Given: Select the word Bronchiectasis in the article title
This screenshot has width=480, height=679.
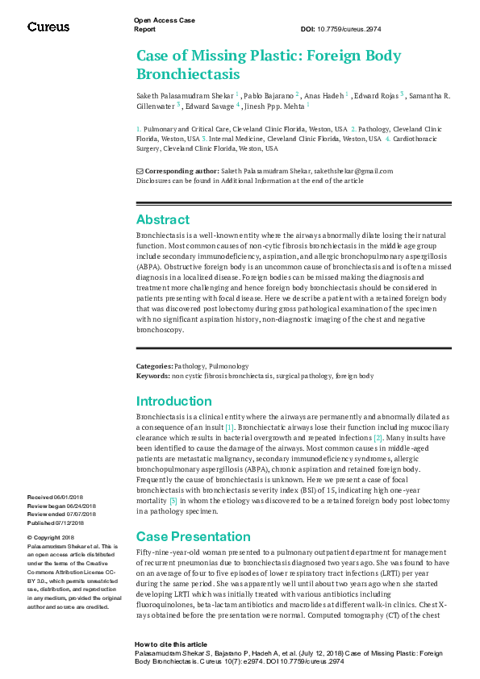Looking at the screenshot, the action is click(x=188, y=74).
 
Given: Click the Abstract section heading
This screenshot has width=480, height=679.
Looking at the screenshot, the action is click(x=163, y=219).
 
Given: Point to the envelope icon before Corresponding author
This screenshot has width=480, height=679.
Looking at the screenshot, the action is click(x=139, y=171).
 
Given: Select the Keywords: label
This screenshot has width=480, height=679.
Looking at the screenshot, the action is click(x=152, y=376).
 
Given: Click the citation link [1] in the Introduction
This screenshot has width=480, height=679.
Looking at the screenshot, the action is click(x=230, y=427).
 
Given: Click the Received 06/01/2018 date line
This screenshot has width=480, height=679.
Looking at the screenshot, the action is click(x=61, y=498).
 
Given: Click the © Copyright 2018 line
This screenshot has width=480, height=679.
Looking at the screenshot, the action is click(x=51, y=537).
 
